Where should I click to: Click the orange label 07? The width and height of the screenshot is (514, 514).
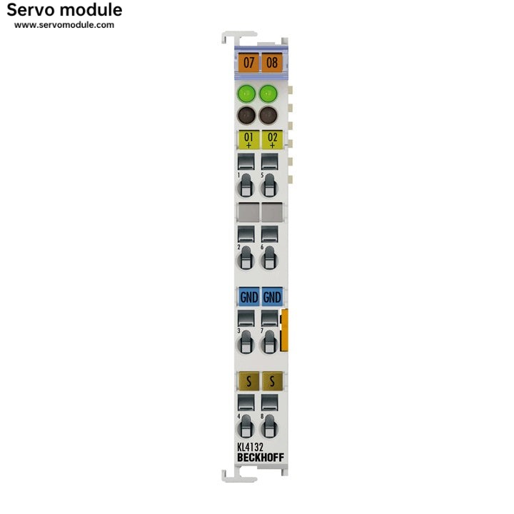(248, 62)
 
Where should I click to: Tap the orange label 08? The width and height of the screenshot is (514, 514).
(272, 62)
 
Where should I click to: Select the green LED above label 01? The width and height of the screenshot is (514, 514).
(246, 94)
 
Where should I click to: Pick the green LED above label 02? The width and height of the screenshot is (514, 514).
(268, 94)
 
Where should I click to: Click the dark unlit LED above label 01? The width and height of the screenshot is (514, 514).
(246, 115)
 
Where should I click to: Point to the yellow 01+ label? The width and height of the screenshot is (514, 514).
(248, 140)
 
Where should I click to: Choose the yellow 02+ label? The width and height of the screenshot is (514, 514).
(272, 140)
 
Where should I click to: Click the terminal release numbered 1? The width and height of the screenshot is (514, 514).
(246, 186)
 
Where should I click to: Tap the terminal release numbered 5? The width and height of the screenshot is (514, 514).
(269, 186)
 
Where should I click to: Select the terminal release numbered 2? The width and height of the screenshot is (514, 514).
(246, 258)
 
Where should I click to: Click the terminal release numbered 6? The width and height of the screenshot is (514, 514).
(269, 258)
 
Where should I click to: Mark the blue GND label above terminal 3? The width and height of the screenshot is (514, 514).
(249, 297)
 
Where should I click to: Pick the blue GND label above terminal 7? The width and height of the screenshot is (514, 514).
(272, 297)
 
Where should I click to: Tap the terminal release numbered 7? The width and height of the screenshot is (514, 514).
(269, 342)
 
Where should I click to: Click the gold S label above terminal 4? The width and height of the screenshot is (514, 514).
(249, 381)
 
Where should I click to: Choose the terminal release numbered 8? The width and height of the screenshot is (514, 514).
(269, 426)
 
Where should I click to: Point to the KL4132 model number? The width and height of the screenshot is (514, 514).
(250, 447)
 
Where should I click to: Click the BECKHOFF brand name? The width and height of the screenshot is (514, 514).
(261, 458)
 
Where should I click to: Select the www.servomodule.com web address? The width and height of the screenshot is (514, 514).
(64, 25)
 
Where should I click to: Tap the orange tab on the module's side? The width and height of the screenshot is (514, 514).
(284, 330)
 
